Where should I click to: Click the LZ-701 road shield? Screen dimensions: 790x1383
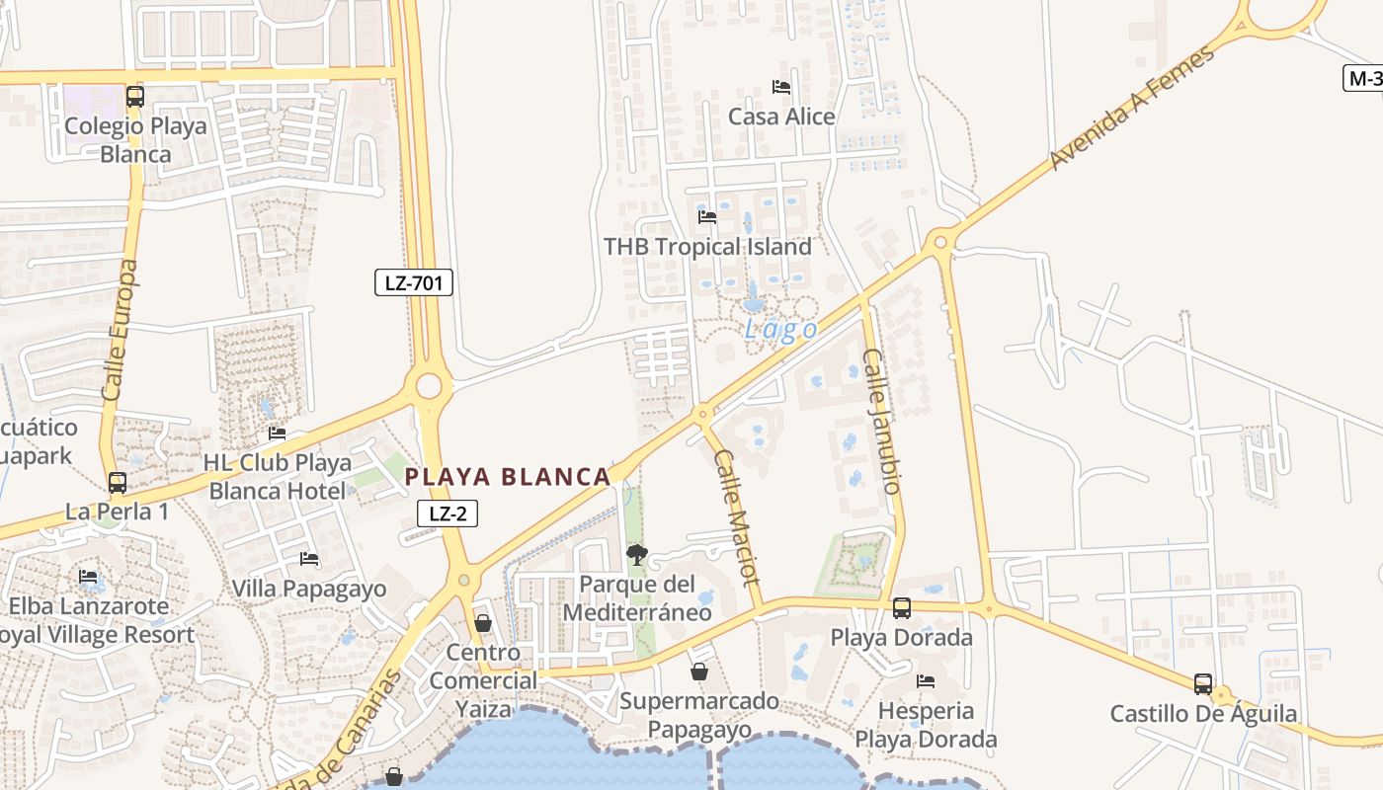[x=414, y=282]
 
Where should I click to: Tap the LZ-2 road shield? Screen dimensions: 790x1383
[x=447, y=513]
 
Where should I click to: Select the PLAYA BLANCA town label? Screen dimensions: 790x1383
[x=508, y=477]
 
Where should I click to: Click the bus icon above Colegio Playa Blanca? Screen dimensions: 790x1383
[x=135, y=97]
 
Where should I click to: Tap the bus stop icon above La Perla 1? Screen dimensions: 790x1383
[x=118, y=483]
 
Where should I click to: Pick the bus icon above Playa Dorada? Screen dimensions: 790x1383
[x=902, y=608]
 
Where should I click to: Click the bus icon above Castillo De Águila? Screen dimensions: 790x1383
[x=1203, y=683]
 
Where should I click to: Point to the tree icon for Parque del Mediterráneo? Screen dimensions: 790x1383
[x=637, y=555]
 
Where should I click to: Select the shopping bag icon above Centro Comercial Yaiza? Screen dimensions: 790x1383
[x=483, y=623]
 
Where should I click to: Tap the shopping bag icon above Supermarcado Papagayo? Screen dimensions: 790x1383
[x=699, y=671]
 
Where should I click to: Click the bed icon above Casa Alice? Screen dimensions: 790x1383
[x=781, y=87]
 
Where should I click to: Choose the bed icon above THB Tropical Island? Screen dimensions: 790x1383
[x=707, y=217]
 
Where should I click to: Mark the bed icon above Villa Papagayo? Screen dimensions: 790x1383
[x=309, y=559]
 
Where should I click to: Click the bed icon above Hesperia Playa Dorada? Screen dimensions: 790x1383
[x=926, y=681]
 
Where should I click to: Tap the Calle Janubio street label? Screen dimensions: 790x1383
[x=882, y=421]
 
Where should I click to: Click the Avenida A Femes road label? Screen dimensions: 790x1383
[x=1131, y=109]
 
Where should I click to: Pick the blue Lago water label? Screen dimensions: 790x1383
[x=780, y=329]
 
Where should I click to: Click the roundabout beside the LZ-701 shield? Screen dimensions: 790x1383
[x=429, y=386]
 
